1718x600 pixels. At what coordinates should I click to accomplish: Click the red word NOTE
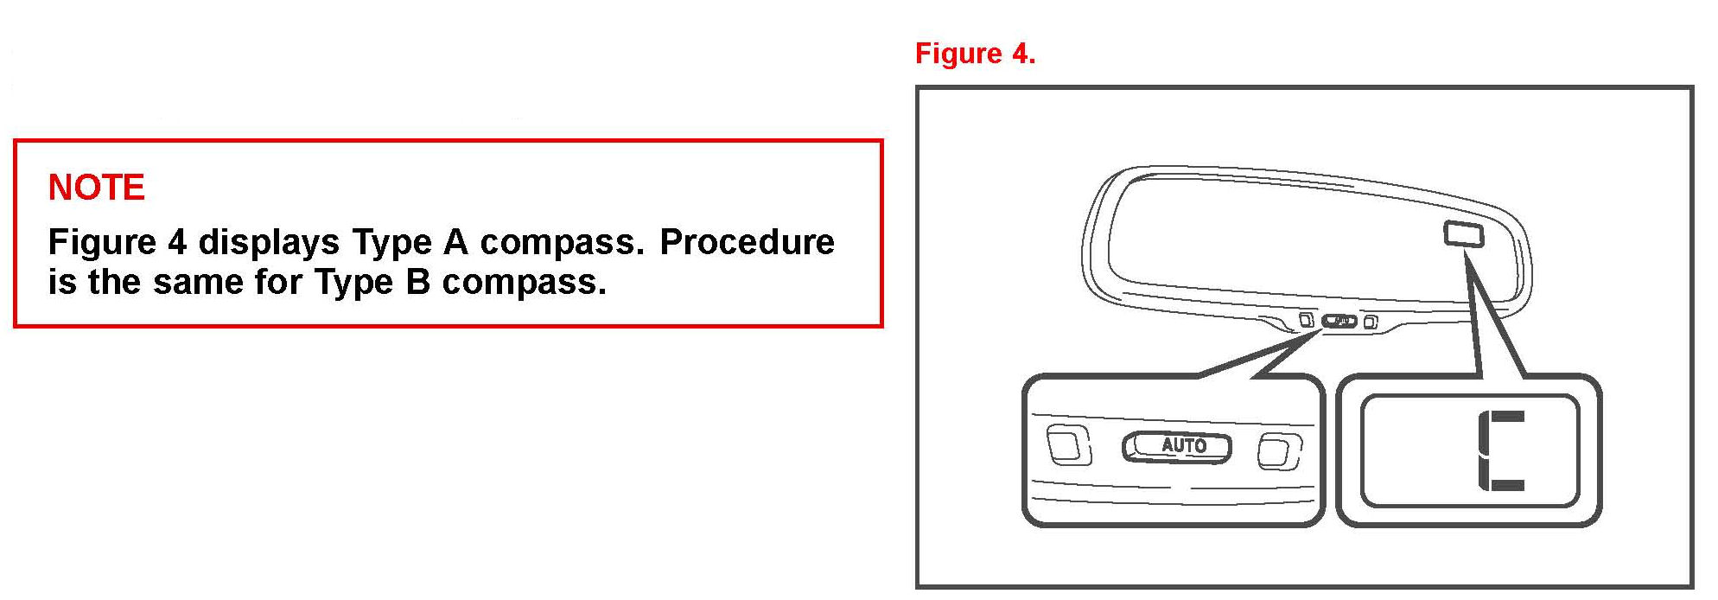pos(96,188)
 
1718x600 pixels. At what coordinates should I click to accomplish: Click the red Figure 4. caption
pos(974,54)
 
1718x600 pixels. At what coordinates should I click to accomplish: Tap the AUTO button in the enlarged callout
pos(1176,446)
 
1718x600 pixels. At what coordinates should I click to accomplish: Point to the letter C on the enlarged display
pos(1501,451)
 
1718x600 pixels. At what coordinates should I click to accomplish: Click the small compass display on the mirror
pos(1464,233)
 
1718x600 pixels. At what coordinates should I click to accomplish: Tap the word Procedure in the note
pos(747,242)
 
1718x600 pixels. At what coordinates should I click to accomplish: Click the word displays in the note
pos(269,242)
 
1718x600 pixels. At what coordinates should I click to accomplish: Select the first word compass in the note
pos(562,242)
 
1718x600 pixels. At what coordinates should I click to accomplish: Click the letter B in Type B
pos(417,282)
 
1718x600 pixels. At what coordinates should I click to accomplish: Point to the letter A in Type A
pos(455,242)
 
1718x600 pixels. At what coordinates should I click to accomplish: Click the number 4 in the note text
pos(177,242)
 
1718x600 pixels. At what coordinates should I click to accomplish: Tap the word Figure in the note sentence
pos(102,242)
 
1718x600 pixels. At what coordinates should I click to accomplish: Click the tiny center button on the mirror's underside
pos(1339,322)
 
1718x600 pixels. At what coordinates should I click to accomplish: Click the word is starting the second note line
pos(62,282)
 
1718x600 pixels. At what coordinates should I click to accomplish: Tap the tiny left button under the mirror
pos(1307,320)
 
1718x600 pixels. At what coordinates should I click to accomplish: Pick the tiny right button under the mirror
pos(1371,323)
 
